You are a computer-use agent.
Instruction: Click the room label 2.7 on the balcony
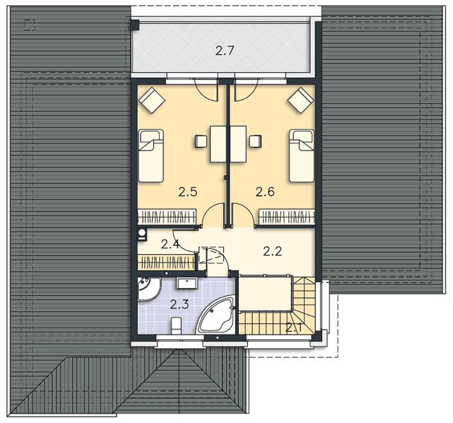click(x=224, y=51)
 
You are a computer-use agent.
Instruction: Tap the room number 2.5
click(x=187, y=192)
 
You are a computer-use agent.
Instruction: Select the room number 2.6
click(x=265, y=192)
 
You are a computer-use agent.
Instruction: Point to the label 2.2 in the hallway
click(x=272, y=251)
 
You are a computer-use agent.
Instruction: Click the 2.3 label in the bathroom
click(x=179, y=304)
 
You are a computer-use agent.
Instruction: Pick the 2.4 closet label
click(x=170, y=244)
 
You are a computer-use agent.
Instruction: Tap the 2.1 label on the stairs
click(x=294, y=328)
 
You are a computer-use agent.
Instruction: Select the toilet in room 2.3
click(x=176, y=325)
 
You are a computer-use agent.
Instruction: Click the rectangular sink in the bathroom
click(x=187, y=284)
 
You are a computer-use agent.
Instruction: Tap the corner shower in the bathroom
click(x=148, y=289)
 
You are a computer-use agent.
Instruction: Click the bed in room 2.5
click(x=151, y=156)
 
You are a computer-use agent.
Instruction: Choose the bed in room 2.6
click(x=301, y=156)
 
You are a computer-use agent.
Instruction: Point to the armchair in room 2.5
click(x=152, y=100)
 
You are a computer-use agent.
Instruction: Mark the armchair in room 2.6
click(x=301, y=100)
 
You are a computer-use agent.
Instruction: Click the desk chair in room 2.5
click(x=201, y=141)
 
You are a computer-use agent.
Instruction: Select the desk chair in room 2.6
click(x=256, y=141)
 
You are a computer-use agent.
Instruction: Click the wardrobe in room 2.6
click(x=287, y=216)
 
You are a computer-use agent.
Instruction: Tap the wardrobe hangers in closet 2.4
click(x=166, y=262)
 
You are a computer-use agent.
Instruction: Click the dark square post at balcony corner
click(x=135, y=25)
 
